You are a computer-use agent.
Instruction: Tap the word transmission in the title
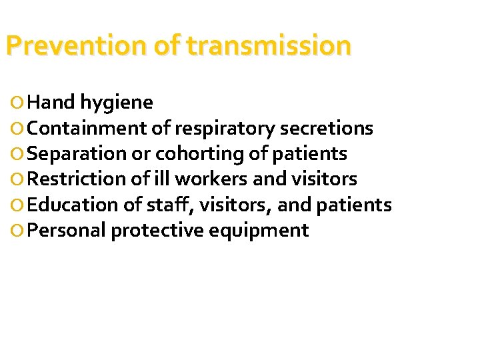coord(269,46)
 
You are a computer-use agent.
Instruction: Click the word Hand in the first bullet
coord(52,102)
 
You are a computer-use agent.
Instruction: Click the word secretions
coord(327,128)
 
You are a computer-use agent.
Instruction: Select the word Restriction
coord(78,179)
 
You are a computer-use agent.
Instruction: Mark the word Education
coord(75,205)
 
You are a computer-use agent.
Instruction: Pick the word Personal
coord(67,231)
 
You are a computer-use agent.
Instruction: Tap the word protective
coord(158,231)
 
